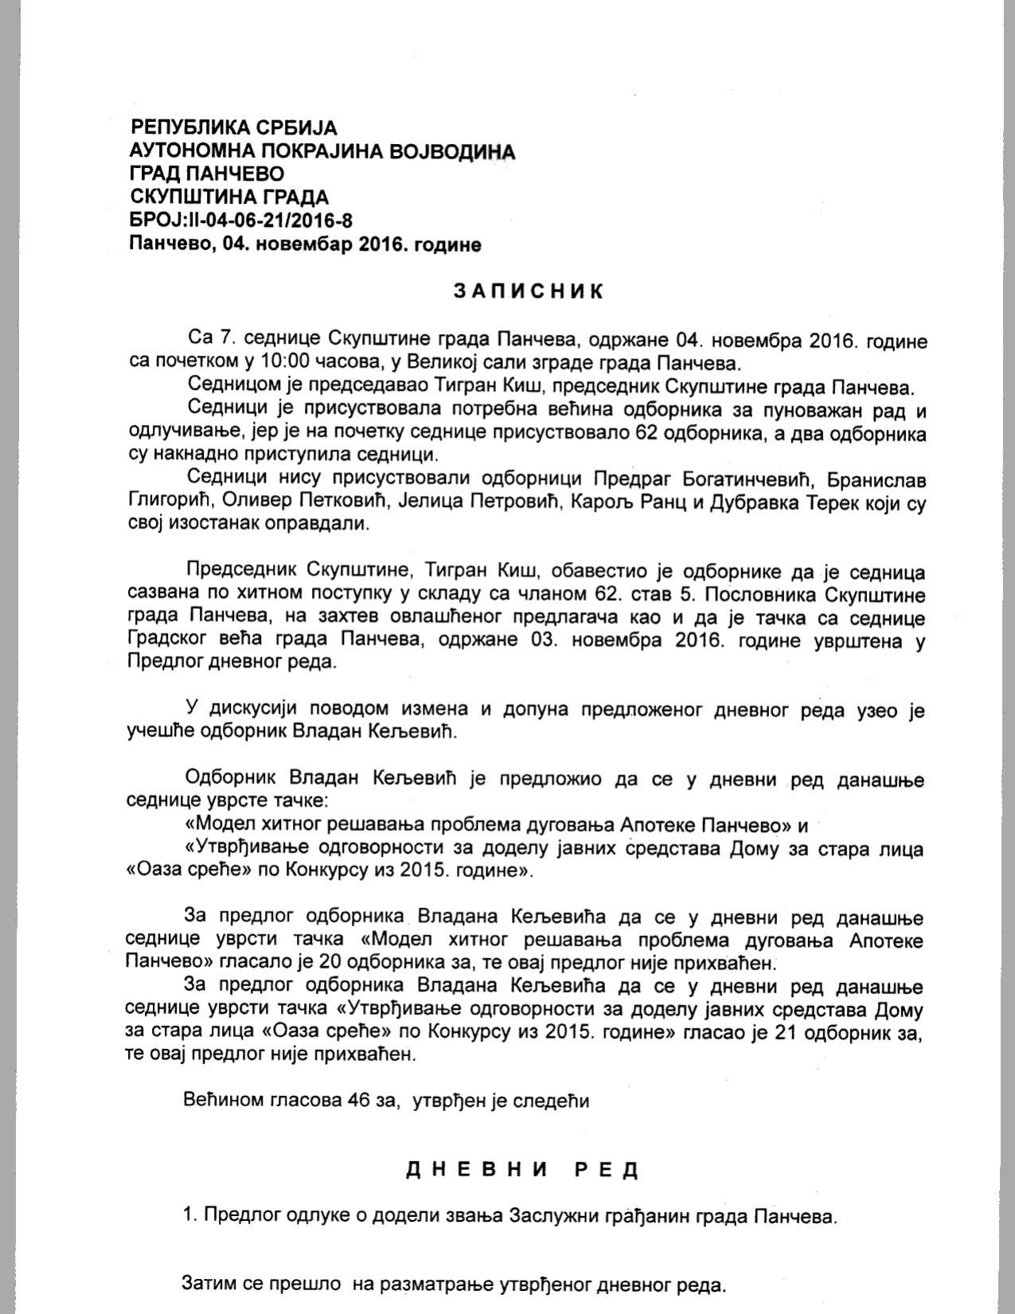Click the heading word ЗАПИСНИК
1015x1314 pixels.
point(529,291)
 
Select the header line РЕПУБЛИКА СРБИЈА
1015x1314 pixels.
point(234,127)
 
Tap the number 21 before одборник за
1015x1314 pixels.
point(787,1033)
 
